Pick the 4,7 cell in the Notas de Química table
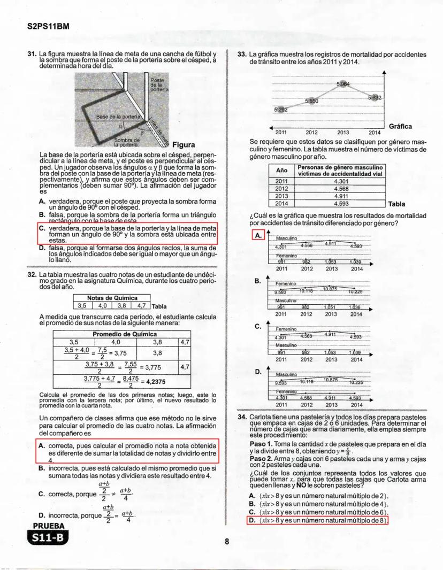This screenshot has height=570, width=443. click(x=141, y=306)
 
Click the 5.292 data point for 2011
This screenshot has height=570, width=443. click(x=281, y=110)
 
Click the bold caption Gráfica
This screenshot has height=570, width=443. click(x=400, y=127)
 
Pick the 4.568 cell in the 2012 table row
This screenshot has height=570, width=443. click(x=341, y=188)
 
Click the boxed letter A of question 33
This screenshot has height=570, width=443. click(x=257, y=235)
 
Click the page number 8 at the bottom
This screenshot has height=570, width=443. click(x=227, y=541)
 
